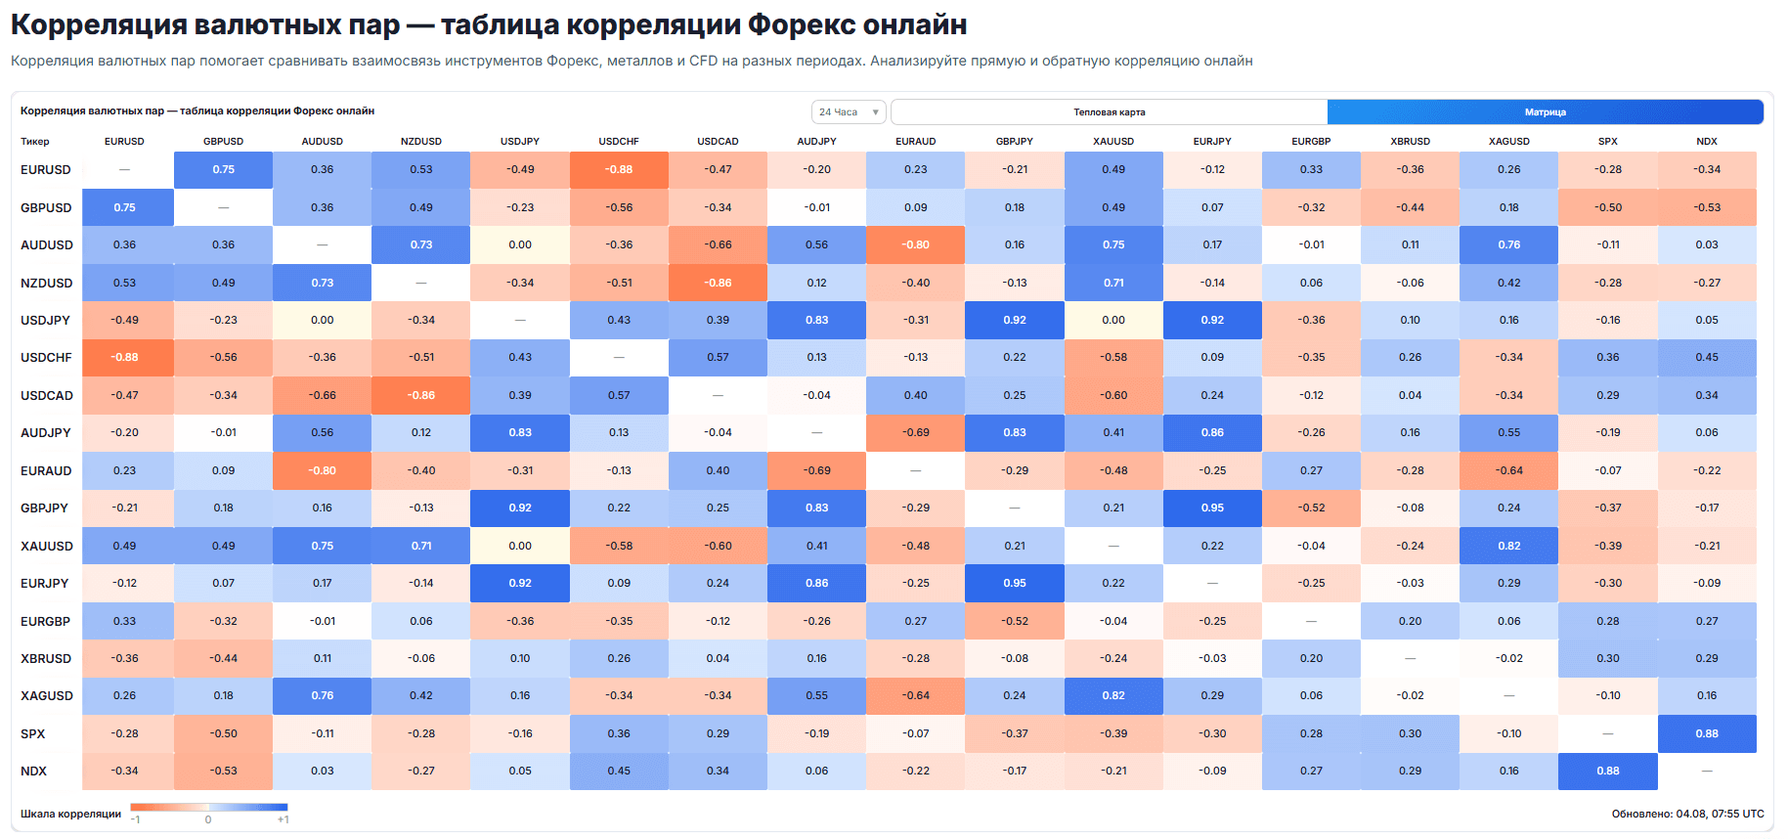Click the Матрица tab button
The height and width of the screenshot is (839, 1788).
tap(1545, 112)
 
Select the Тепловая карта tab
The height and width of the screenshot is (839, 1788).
tap(1109, 112)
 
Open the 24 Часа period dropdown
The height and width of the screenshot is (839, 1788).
tap(849, 112)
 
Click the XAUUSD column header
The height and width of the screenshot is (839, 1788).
tap(1113, 142)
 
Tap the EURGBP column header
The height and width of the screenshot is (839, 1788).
tap(1311, 142)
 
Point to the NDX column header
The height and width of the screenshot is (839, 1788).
tap(1707, 142)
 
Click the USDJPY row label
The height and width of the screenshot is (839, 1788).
tap(45, 320)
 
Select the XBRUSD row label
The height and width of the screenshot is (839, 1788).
tap(46, 658)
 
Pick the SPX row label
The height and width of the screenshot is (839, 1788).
tap(32, 733)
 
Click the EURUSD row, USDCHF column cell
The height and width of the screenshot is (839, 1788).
tap(619, 169)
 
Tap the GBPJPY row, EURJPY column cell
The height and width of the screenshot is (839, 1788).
tap(1212, 508)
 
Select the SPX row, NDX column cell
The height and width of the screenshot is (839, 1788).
tap(1707, 733)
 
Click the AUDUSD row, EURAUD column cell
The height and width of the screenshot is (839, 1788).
tap(916, 244)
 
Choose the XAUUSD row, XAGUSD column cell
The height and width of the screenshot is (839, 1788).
tap(1509, 546)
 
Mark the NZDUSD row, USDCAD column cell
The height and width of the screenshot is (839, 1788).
tap(718, 283)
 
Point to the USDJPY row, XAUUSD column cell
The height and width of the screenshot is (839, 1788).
tap(1113, 320)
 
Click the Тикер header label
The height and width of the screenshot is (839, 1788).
tap(34, 142)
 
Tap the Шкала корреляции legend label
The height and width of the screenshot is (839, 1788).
tap(70, 814)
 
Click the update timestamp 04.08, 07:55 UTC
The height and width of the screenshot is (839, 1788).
tap(1720, 814)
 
